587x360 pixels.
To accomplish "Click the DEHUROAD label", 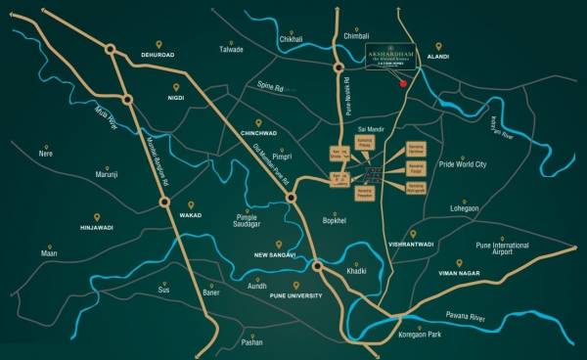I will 158,55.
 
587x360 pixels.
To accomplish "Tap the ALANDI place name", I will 436,57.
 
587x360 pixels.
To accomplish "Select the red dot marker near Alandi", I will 404,84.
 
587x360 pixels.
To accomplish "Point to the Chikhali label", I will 293,39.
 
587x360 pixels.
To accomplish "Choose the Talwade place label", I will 231,48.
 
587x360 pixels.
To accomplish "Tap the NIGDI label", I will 176,98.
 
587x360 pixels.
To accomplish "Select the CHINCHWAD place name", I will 261,134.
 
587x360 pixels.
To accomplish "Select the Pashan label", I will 251,342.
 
